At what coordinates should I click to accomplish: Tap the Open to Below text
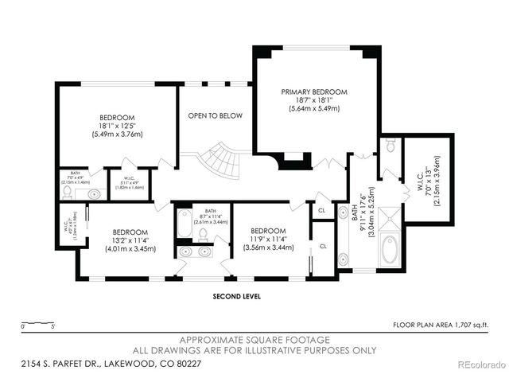(215, 116)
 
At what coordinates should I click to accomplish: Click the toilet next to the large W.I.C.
(389, 146)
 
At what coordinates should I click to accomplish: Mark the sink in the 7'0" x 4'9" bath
(92, 193)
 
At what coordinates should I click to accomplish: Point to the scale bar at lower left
(38, 326)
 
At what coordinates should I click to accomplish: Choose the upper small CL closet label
(321, 211)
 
